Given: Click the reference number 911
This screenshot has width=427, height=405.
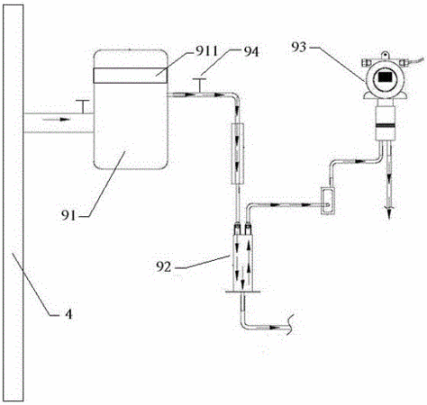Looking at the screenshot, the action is point(206,51).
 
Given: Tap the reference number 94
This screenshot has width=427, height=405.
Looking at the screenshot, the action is point(250,52).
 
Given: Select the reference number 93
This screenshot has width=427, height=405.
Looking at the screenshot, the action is point(299,47).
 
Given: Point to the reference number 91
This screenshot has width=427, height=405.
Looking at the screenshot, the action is point(68,215).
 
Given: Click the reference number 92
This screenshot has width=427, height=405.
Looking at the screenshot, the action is point(163,266).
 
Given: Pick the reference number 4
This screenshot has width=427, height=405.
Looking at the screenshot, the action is point(68,314).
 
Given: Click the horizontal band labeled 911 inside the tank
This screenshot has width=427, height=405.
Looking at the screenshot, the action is point(131,76).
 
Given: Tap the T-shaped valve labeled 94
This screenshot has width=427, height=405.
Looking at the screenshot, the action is point(199,85).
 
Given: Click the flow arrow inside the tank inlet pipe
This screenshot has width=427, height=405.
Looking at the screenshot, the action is point(56,120).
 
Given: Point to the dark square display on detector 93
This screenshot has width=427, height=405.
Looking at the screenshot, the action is point(386,77).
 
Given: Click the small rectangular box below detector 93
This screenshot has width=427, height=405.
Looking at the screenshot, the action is point(328,201).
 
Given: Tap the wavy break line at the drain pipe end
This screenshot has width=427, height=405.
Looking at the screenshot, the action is point(290,324).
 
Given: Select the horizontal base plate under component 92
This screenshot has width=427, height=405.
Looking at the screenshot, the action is point(242,292).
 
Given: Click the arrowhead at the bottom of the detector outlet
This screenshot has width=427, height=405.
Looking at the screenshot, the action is point(389,213).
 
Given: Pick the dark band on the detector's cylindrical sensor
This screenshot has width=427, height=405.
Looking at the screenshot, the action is point(386,125).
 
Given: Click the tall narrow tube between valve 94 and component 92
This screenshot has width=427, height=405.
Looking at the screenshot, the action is point(238,154).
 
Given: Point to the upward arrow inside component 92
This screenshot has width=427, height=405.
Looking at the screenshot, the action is point(249,258).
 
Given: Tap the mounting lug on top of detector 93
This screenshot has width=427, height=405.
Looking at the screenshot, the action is point(385,55).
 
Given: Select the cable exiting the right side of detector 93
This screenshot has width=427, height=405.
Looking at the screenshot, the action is point(415,60).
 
